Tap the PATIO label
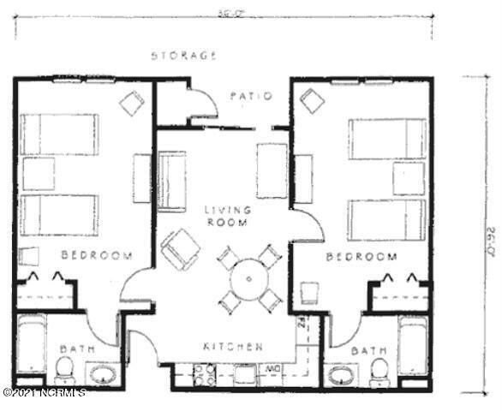(x=251, y=96)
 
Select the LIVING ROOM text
(x=227, y=215)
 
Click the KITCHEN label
(x=232, y=347)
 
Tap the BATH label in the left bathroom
(x=75, y=349)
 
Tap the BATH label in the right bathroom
(x=368, y=350)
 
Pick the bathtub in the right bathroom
(x=413, y=345)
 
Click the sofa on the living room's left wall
(x=172, y=181)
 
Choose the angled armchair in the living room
(x=181, y=248)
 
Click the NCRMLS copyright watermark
(x=44, y=393)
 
